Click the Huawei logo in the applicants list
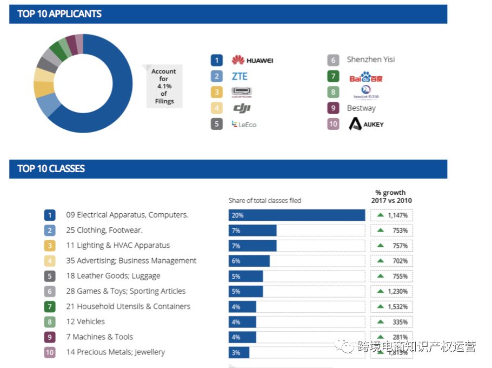click(x=252, y=60)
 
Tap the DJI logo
click(x=242, y=108)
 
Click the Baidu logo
click(x=366, y=77)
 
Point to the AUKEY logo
click(x=366, y=124)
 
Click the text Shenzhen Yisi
click(x=371, y=60)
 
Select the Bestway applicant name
click(x=361, y=108)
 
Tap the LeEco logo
click(x=244, y=124)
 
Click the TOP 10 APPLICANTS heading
click(x=59, y=14)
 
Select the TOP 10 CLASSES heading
click(x=51, y=168)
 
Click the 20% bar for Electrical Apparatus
click(x=296, y=215)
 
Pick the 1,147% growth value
click(x=391, y=215)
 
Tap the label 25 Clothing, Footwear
click(x=104, y=230)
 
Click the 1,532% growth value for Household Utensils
click(x=391, y=306)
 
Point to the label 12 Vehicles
click(x=85, y=321)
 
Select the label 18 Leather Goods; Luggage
click(x=113, y=276)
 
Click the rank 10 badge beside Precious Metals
click(x=50, y=352)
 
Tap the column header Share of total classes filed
click(x=265, y=200)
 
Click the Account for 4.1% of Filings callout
click(x=164, y=86)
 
